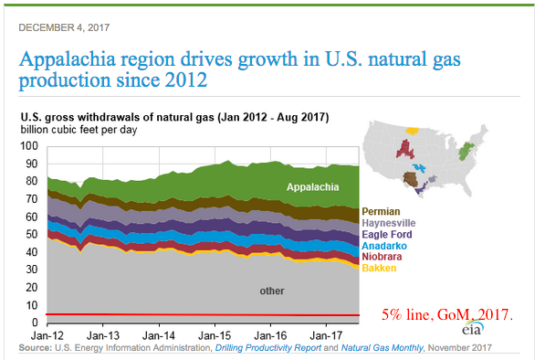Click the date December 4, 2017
pyautogui.click(x=64, y=27)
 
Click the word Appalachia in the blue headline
pyautogui.click(x=67, y=59)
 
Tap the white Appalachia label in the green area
pyautogui.click(x=312, y=187)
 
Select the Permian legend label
pyautogui.click(x=381, y=211)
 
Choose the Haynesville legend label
pyautogui.click(x=389, y=223)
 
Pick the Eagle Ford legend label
pyautogui.click(x=387, y=235)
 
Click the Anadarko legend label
pyautogui.click(x=384, y=246)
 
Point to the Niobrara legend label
pyautogui.click(x=382, y=257)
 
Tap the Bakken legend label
pyautogui.click(x=379, y=269)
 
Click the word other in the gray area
pyautogui.click(x=272, y=291)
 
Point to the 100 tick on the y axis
pyautogui.click(x=29, y=146)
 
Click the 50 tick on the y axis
pyautogui.click(x=32, y=234)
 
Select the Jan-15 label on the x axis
pyautogui.click(x=215, y=335)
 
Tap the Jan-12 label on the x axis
pyautogui.click(x=47, y=335)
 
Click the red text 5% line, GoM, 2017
pyautogui.click(x=447, y=314)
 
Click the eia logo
pyautogui.click(x=473, y=328)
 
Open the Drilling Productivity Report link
pyautogui.click(x=268, y=348)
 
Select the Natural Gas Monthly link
pyautogui.click(x=382, y=348)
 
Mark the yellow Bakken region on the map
pyautogui.click(x=413, y=131)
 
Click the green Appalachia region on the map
pyautogui.click(x=465, y=152)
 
